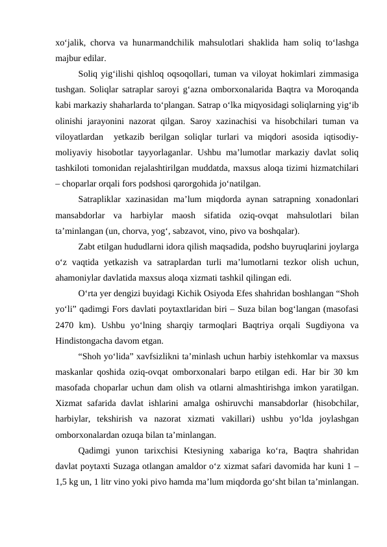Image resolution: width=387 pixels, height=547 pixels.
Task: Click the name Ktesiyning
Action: tap(191, 452)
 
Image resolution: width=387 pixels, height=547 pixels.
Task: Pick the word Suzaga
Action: tap(144, 468)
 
